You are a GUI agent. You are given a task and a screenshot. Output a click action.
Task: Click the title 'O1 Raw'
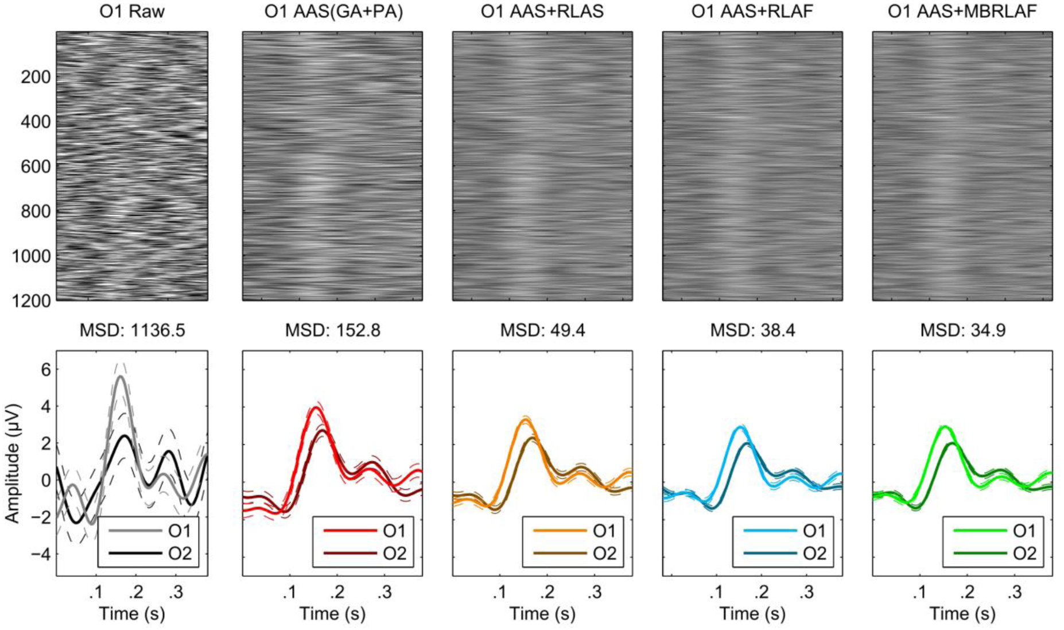tap(132, 11)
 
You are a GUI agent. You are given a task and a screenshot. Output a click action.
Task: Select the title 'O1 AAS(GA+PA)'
tap(333, 11)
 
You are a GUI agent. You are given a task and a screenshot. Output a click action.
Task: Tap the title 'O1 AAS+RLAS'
tap(542, 11)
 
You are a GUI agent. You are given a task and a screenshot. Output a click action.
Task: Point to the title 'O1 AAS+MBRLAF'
tap(962, 11)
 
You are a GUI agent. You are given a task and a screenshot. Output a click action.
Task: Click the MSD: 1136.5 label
tap(132, 330)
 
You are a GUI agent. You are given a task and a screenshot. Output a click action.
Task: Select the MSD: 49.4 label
tap(542, 330)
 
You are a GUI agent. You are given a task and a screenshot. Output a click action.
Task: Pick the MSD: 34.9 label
tap(962, 330)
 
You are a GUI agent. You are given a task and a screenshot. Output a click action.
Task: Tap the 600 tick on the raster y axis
tap(36, 167)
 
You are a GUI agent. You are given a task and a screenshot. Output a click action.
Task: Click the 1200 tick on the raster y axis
tap(32, 300)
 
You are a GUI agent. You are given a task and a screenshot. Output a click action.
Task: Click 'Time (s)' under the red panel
tap(333, 614)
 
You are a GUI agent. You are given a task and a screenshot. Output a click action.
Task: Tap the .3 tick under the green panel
tap(1015, 592)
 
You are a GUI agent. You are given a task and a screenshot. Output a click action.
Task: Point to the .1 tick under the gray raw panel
tap(95, 592)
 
